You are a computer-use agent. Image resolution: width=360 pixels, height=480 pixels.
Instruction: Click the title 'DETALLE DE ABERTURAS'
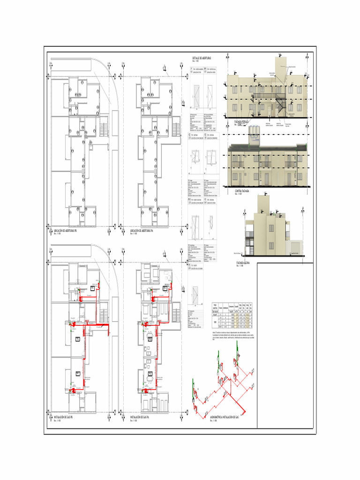click(202, 58)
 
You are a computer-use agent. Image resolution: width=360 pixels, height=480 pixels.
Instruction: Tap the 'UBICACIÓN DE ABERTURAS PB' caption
click(66, 231)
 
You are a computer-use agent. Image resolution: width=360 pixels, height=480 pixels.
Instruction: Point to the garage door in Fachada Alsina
click(295, 247)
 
